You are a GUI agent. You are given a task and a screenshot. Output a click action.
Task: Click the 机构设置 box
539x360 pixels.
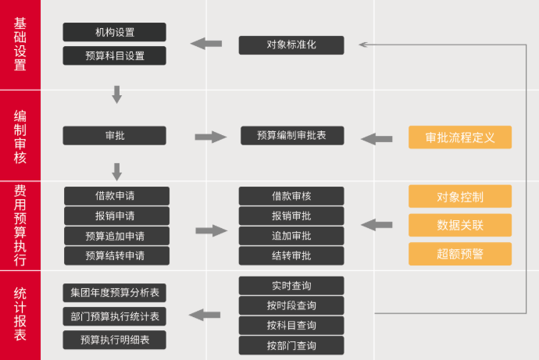tap(114, 32)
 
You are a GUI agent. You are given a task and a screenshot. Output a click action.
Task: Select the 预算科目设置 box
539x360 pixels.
tap(114, 55)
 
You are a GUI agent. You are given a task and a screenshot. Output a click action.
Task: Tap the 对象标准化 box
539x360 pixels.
tap(291, 45)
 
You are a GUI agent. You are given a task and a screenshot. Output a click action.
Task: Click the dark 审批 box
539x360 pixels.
tap(114, 136)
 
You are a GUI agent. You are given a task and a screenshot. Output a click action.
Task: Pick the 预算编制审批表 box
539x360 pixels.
tap(291, 136)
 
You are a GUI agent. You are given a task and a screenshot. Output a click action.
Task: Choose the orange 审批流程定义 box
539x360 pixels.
tap(459, 137)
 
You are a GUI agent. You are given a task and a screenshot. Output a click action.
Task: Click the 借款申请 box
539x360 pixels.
tap(116, 196)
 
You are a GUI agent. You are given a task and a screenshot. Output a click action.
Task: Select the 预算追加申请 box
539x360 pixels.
tap(116, 236)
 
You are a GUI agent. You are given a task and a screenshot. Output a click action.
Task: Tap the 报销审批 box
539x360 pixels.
tap(291, 216)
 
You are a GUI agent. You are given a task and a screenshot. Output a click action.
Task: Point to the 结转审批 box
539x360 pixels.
tap(291, 255)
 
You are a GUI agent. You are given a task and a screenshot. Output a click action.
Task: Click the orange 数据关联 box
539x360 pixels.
tap(459, 225)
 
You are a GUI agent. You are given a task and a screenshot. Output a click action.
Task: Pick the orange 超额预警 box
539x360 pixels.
tap(459, 253)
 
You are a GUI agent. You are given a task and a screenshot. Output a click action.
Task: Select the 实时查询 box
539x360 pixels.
tap(291, 285)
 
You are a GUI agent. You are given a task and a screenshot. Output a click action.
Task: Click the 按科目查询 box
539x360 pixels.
tap(291, 326)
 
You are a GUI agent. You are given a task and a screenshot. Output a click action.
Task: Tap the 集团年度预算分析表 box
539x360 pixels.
tap(114, 293)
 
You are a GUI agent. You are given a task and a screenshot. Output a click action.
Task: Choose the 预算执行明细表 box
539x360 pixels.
tap(114, 340)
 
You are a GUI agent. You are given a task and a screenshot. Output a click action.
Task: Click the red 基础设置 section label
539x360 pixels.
tap(20, 45)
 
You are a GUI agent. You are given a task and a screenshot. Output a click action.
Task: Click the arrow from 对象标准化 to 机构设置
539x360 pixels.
tap(205, 44)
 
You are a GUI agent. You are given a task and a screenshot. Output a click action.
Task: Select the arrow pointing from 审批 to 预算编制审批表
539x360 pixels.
tap(210, 137)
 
